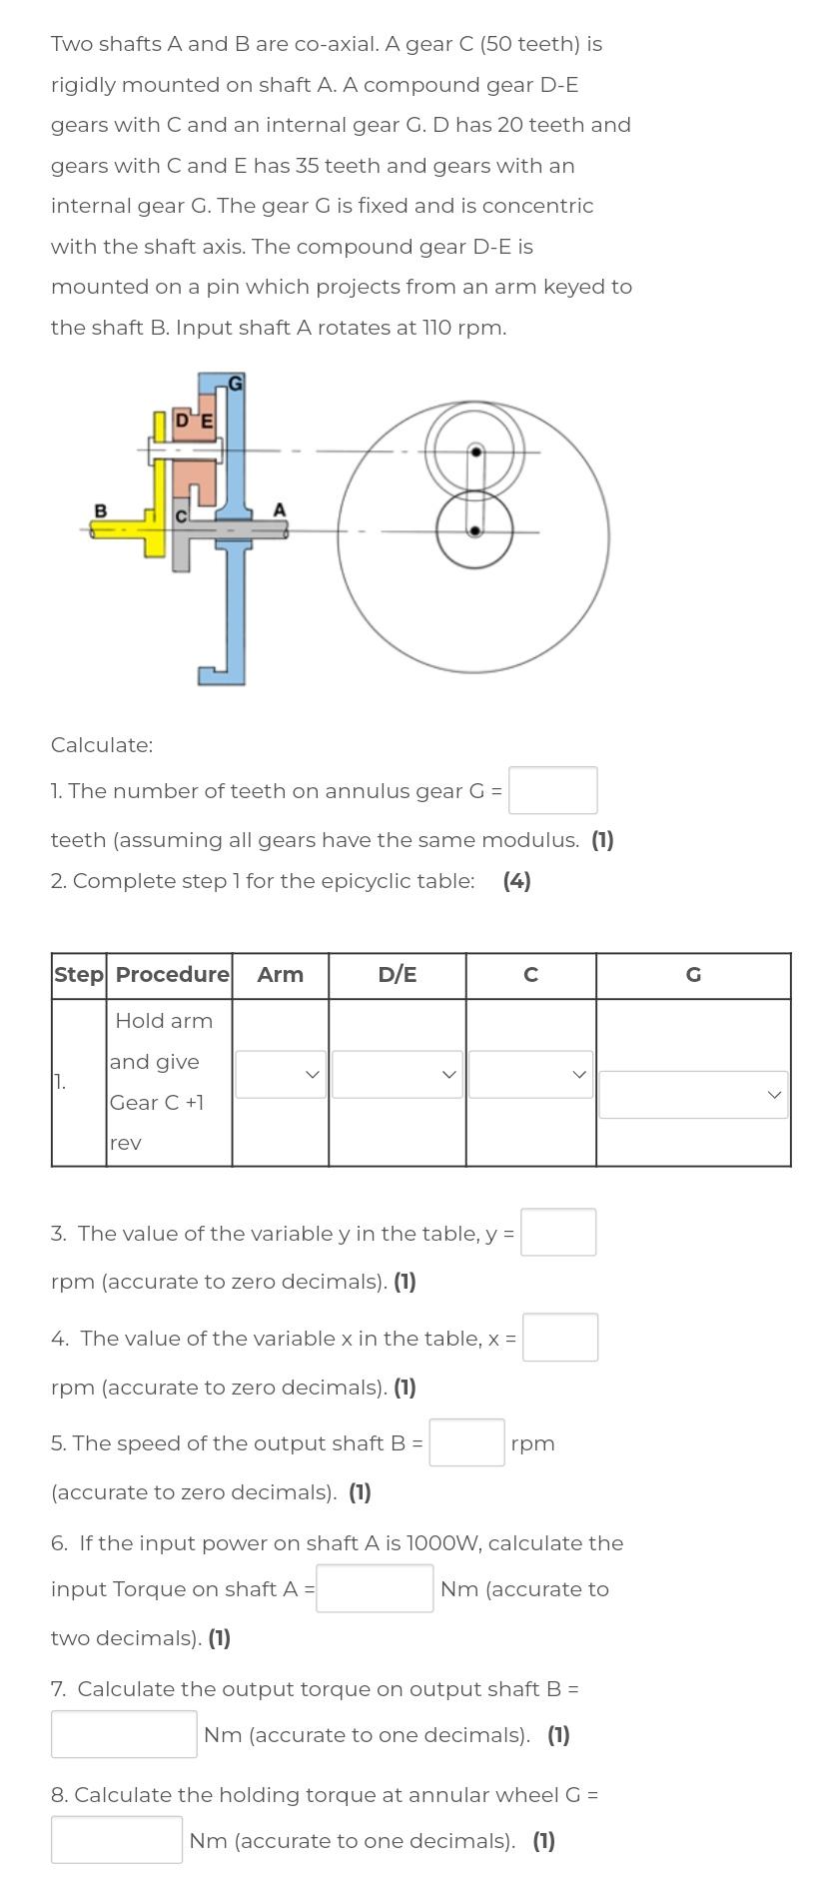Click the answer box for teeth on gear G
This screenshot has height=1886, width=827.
(x=552, y=790)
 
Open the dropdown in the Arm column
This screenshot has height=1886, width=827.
(x=281, y=1074)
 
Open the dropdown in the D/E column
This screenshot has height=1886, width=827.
(x=397, y=1074)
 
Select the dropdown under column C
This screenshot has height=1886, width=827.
(x=530, y=1074)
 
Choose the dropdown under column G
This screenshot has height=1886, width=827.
(x=693, y=1095)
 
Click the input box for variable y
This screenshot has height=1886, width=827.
(x=558, y=1232)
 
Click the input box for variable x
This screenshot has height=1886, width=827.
(x=560, y=1338)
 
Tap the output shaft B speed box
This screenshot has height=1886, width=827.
(x=466, y=1442)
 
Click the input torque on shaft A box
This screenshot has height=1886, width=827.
(x=375, y=1588)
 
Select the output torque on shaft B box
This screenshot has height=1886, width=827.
(x=124, y=1734)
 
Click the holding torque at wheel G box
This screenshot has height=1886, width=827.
(x=117, y=1840)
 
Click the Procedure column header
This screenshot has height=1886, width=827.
(x=172, y=975)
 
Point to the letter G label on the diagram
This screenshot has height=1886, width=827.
(x=236, y=383)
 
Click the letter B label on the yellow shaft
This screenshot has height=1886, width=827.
(x=100, y=510)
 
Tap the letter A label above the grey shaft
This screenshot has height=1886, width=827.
(x=280, y=509)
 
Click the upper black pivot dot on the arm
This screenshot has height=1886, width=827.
(x=476, y=453)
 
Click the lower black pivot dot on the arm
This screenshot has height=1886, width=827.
(x=475, y=530)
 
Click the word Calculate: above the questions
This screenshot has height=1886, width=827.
(x=102, y=745)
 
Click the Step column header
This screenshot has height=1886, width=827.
(x=79, y=975)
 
